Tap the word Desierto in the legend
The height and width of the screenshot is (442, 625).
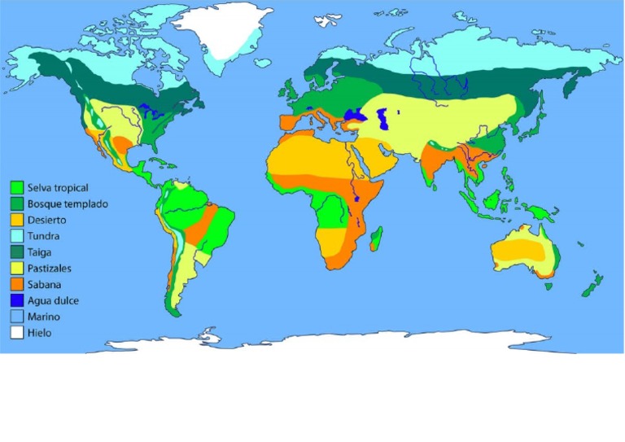coord(46,220)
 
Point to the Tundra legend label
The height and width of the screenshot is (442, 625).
coord(42,236)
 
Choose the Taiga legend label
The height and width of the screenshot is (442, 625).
coord(39,252)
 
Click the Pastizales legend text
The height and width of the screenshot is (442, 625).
coord(49,268)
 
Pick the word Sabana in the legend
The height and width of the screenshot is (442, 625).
coord(43,284)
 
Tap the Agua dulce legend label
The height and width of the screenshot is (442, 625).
coord(50,300)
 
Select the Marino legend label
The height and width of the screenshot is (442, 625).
coord(43,317)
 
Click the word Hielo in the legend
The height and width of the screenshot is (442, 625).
coord(39,332)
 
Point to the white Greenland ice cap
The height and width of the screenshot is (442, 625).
coord(220,37)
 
